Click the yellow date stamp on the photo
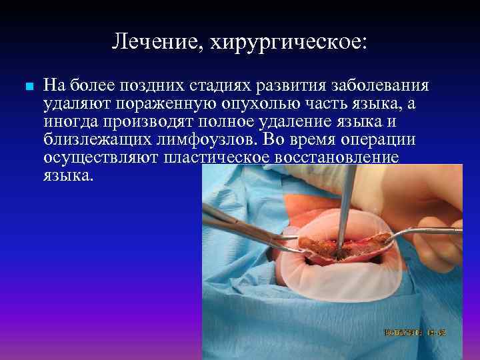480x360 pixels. click(x=415, y=331)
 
